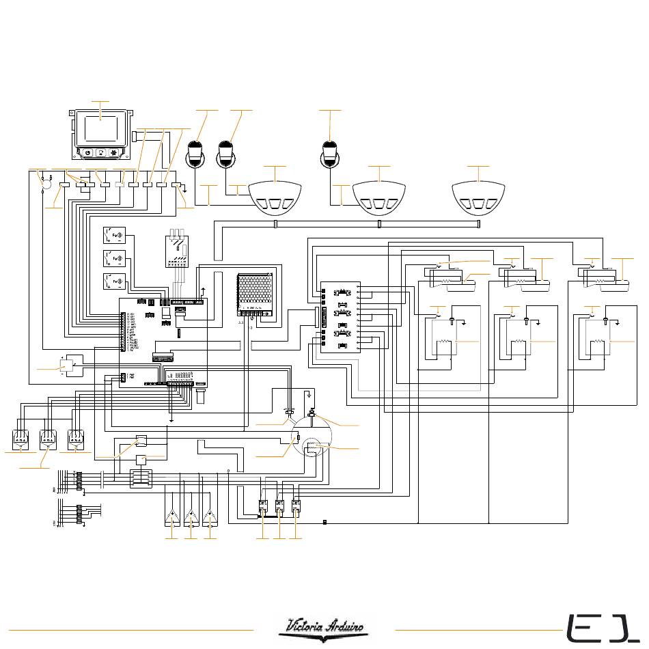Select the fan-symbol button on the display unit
[x=114, y=153]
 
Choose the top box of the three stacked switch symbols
[x=114, y=236]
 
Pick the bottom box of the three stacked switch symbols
[x=114, y=281]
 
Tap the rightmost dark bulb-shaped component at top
[x=331, y=152]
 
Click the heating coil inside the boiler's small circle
[x=310, y=448]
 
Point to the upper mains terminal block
[x=79, y=480]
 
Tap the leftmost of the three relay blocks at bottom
[x=263, y=508]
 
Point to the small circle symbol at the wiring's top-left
[x=47, y=184]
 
